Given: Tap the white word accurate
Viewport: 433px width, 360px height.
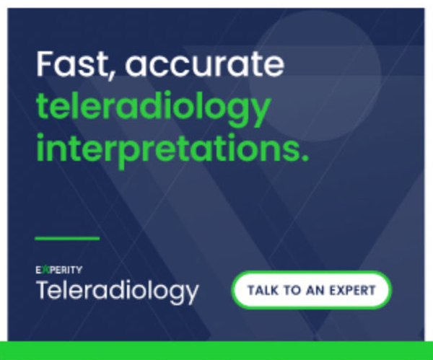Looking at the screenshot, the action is [205, 65].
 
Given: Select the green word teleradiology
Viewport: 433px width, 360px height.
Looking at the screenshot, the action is [153, 108].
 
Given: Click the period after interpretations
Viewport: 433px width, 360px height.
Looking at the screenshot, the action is [305, 158].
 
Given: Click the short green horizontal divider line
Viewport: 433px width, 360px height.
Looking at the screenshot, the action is [67, 238].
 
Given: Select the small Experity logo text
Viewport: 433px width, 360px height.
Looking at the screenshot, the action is [59, 270].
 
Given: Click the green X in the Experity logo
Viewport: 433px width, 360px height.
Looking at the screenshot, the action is [46, 270].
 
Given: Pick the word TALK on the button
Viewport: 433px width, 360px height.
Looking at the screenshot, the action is [263, 290].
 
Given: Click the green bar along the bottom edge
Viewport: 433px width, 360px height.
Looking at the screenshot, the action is [216, 351].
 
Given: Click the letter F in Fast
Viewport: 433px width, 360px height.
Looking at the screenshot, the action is [44, 63].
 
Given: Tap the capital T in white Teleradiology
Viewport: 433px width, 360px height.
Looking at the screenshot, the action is [45, 289].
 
